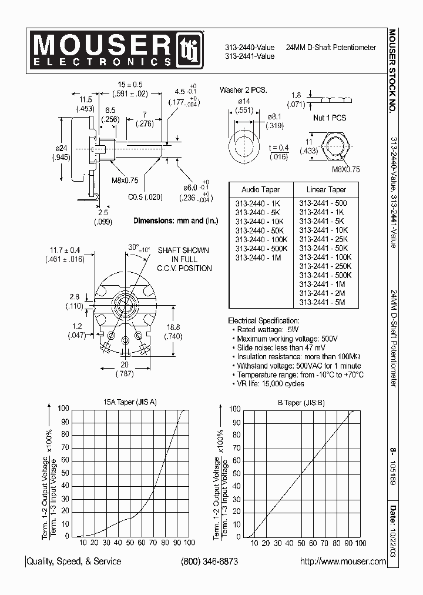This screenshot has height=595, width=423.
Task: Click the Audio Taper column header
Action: [x=261, y=190]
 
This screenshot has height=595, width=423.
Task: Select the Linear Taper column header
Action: [x=327, y=190]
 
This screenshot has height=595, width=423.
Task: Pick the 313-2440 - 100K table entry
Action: [x=261, y=240]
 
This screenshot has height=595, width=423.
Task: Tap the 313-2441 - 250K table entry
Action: [x=325, y=266]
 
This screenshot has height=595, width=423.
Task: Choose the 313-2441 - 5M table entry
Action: [x=322, y=302]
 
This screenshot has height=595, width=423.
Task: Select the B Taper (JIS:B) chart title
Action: [x=301, y=402]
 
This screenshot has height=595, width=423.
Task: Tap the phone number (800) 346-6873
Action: [x=209, y=561]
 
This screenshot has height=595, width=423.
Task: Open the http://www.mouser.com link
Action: [x=343, y=561]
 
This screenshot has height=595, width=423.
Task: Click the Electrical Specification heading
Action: [x=263, y=321]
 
